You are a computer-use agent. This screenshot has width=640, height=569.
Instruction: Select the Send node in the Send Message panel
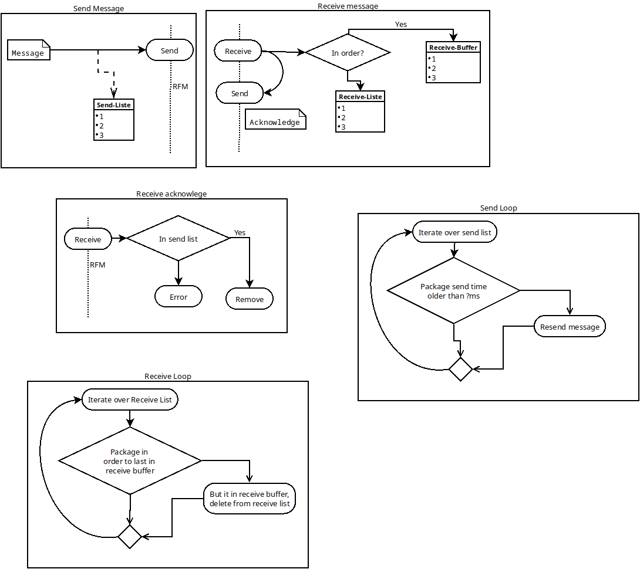click(170, 50)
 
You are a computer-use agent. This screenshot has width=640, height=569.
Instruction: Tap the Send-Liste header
click(114, 105)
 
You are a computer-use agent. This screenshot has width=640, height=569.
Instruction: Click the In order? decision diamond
click(348, 53)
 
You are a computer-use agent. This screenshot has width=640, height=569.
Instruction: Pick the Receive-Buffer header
click(453, 47)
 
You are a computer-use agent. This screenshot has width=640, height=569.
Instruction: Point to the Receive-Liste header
click(361, 96)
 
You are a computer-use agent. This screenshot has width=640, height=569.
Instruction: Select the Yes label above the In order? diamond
click(401, 25)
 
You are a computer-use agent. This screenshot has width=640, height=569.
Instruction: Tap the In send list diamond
click(178, 239)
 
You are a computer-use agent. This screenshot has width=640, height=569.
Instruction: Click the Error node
click(178, 297)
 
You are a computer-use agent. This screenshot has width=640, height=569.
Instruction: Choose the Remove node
click(250, 299)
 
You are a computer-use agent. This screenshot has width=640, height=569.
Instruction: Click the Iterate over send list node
click(454, 232)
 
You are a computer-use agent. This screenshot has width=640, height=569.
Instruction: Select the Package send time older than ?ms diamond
click(454, 290)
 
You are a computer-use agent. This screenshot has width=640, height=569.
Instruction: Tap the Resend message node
click(570, 327)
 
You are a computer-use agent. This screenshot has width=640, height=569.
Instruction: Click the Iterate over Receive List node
click(130, 399)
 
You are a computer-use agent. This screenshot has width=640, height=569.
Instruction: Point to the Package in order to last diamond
click(130, 461)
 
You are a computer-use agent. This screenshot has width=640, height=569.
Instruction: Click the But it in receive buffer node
click(249, 499)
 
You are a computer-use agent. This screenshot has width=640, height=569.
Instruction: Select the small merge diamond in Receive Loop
click(130, 537)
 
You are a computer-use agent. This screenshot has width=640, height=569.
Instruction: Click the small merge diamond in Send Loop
click(460, 369)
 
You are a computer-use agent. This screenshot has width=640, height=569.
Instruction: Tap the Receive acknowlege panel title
click(171, 194)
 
